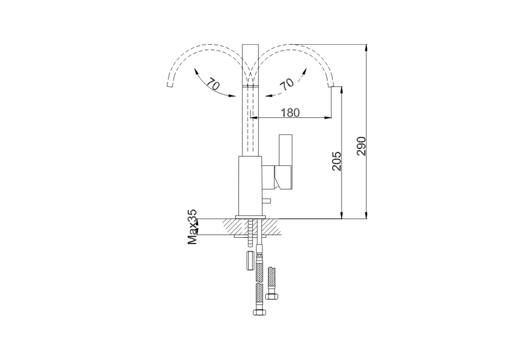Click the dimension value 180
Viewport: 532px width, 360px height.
(x=291, y=112)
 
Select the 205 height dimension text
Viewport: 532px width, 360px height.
(x=337, y=161)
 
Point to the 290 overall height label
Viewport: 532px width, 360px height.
(x=362, y=146)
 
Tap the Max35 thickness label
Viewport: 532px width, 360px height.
(x=192, y=227)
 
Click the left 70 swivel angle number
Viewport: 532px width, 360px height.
(x=212, y=84)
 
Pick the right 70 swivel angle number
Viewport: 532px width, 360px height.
(x=286, y=84)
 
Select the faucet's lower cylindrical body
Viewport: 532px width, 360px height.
(x=250, y=186)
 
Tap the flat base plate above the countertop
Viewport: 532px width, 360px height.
(x=250, y=217)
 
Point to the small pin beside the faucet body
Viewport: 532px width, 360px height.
(x=266, y=201)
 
